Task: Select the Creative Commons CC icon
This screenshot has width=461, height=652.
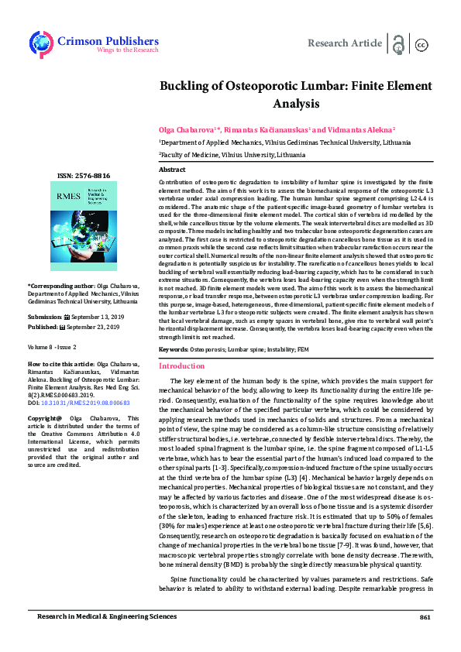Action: [x=422, y=44]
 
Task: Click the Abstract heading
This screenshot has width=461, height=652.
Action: [x=172, y=169]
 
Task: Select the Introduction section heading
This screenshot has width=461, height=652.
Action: [x=181, y=365]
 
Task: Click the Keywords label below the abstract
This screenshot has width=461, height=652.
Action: [x=173, y=350]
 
